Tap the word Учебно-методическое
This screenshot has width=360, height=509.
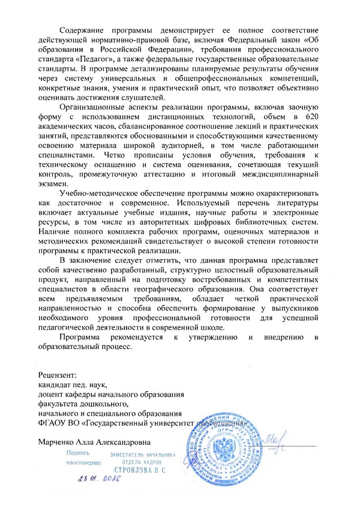[x=101, y=195]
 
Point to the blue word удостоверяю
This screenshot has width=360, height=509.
[x=82, y=463]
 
